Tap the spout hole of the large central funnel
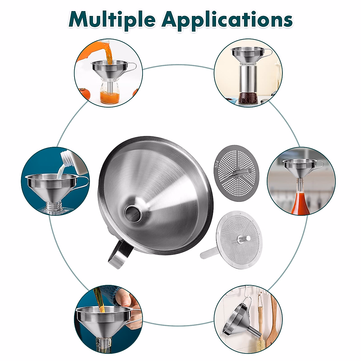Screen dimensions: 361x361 132,212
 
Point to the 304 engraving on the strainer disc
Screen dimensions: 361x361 217,164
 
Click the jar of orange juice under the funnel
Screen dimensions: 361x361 109,93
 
